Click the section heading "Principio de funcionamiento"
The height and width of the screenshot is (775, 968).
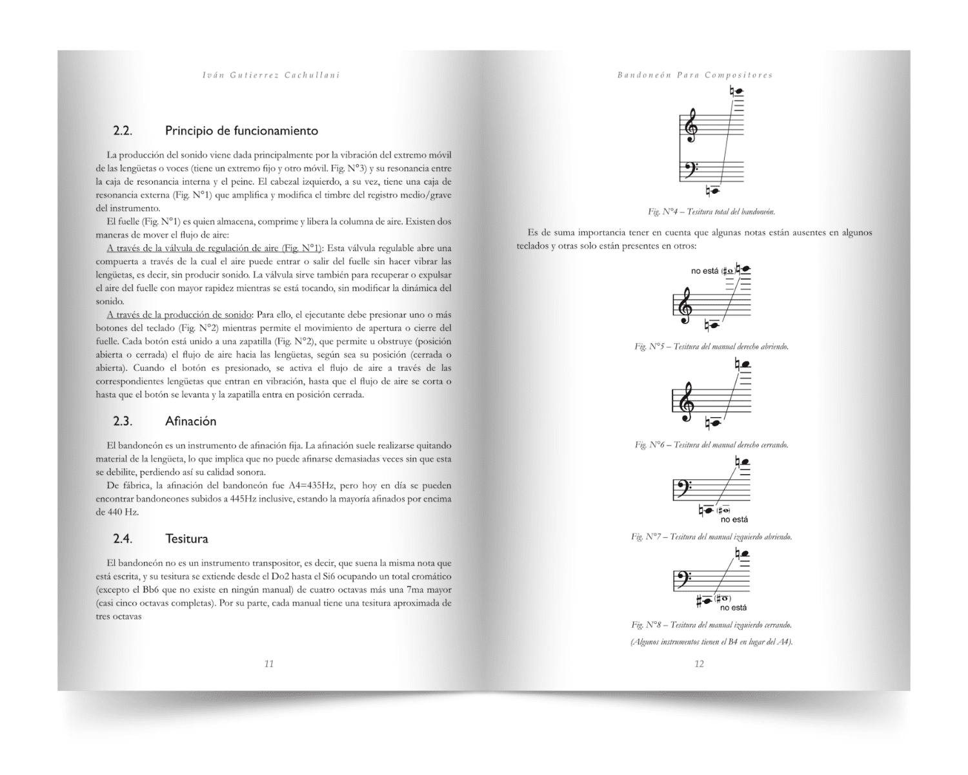click(x=241, y=131)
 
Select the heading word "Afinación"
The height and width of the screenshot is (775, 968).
click(x=190, y=422)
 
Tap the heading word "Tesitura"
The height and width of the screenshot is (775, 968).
click(x=187, y=539)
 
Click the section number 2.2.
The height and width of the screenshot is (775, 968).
click(x=123, y=131)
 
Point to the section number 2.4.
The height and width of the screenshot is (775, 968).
click(x=123, y=539)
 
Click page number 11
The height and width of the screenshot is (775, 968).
click(x=269, y=664)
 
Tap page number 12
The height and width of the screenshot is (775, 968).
click(x=699, y=664)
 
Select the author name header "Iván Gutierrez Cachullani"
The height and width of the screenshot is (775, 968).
click(x=271, y=75)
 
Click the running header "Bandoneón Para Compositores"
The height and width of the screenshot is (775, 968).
click(x=695, y=75)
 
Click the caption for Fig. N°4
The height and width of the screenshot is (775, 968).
click(x=712, y=212)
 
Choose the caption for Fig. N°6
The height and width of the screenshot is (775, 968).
click(x=712, y=445)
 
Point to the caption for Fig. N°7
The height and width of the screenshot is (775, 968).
click(x=712, y=537)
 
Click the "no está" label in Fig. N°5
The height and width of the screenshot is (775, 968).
click(x=704, y=271)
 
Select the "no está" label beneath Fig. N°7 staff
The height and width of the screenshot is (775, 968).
click(x=734, y=520)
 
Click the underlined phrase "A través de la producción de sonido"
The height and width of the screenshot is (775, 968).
click(x=179, y=315)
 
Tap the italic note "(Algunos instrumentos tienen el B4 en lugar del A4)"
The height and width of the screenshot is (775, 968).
click(x=712, y=642)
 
